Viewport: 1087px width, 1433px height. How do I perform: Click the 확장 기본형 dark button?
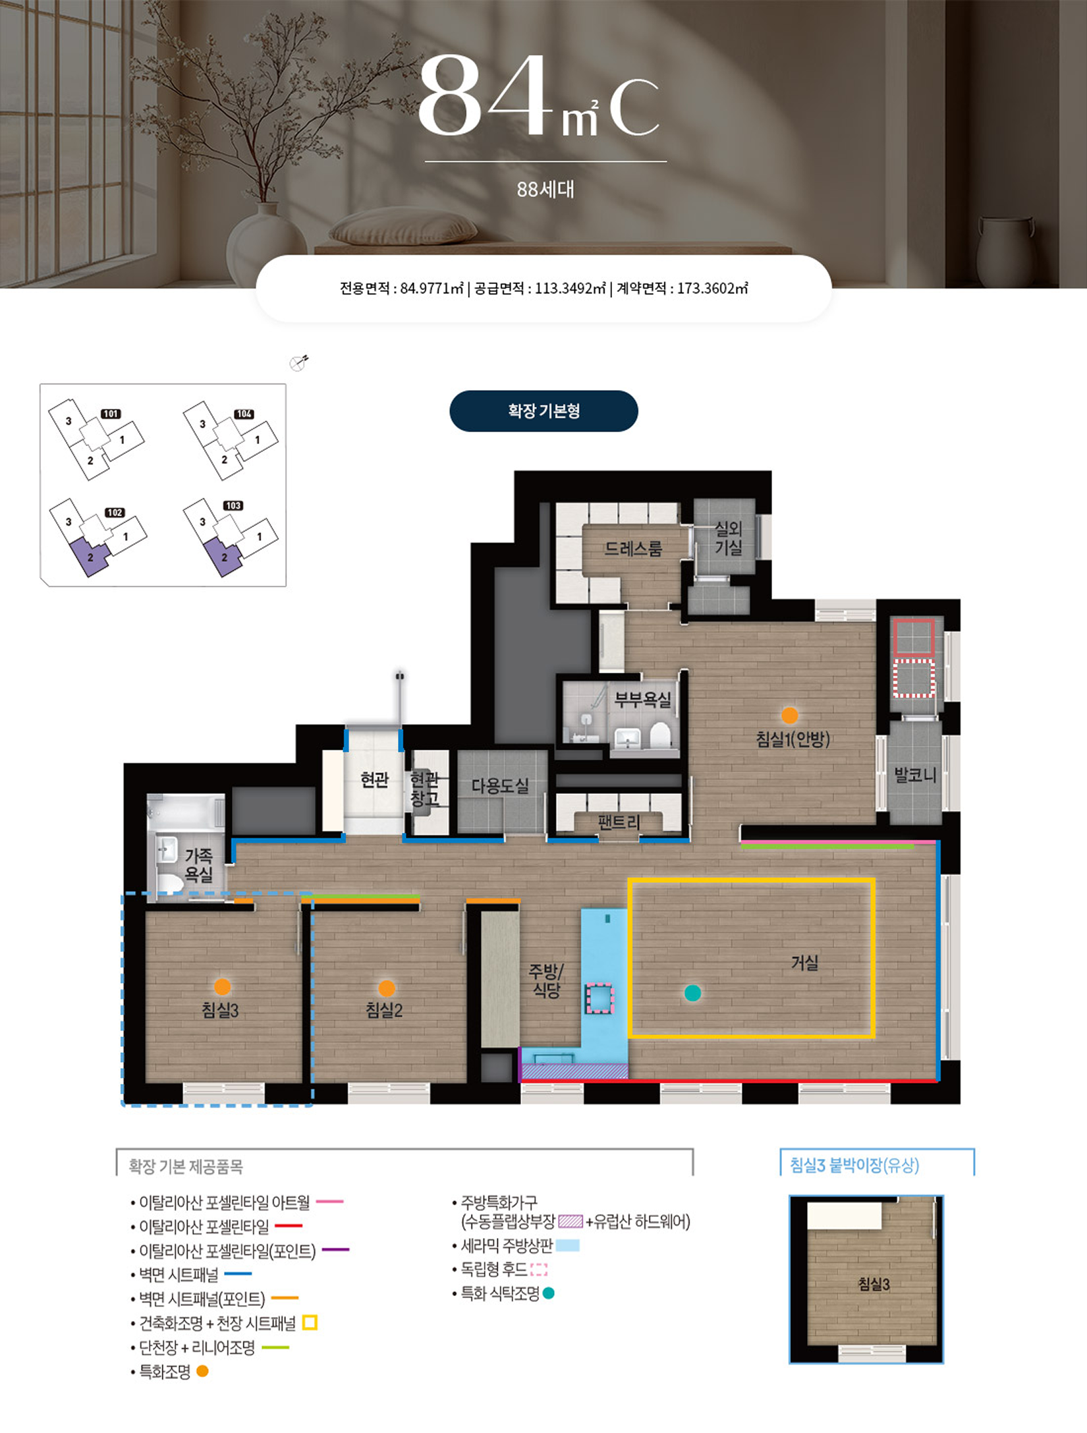tap(543, 411)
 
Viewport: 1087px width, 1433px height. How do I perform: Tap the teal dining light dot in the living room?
tap(692, 993)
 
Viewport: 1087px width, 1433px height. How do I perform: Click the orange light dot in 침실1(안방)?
tap(789, 716)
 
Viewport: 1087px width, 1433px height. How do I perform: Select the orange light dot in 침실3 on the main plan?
tap(223, 987)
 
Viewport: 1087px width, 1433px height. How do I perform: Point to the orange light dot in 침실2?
tap(387, 988)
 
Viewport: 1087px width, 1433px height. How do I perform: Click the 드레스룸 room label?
tap(633, 549)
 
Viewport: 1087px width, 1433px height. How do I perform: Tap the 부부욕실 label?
tap(642, 699)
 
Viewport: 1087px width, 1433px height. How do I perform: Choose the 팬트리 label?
tap(619, 822)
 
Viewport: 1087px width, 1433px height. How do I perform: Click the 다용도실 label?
tap(500, 785)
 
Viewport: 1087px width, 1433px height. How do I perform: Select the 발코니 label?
tap(915, 775)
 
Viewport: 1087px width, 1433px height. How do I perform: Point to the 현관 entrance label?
tap(374, 780)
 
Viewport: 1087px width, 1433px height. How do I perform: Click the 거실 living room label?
tap(804, 963)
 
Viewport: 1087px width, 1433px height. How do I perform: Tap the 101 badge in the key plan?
tap(111, 414)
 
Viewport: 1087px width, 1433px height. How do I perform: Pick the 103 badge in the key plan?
tap(233, 505)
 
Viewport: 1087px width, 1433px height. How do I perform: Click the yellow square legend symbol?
tap(310, 1322)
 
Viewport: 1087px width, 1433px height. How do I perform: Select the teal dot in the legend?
tap(548, 1293)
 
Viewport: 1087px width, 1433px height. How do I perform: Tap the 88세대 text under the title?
tap(545, 190)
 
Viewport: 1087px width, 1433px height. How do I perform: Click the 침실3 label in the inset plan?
tap(874, 1283)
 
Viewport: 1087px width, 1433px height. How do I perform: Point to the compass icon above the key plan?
tap(299, 362)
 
